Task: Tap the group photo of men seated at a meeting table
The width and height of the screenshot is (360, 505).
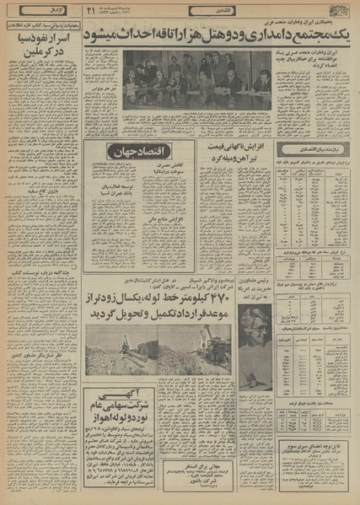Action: tap(196, 82)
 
